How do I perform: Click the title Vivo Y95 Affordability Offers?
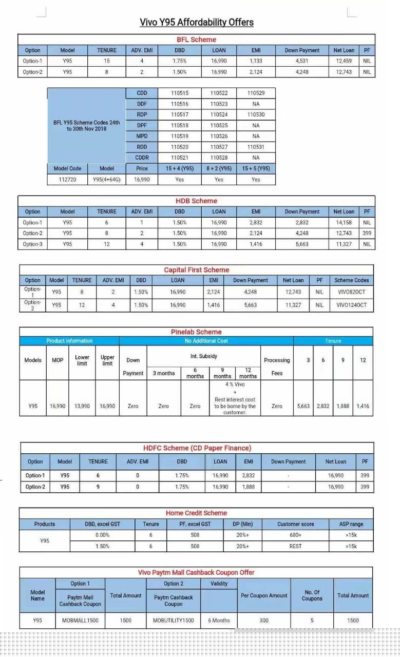tap(197, 22)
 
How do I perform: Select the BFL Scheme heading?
tap(196, 40)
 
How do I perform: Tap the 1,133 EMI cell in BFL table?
tap(256, 61)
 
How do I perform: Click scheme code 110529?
tap(256, 93)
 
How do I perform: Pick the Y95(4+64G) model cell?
tap(107, 180)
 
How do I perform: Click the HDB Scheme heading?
tap(196, 201)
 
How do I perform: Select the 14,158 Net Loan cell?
tap(344, 223)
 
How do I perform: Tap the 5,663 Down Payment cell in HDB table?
tap(302, 244)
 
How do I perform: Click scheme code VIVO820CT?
tap(351, 292)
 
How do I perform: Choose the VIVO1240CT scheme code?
tap(351, 305)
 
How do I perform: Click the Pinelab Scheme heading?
tap(196, 332)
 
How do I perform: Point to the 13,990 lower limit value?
tap(82, 406)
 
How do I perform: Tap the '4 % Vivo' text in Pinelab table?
tap(235, 384)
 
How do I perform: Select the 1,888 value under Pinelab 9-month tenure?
tap(342, 406)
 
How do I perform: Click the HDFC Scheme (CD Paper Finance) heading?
tap(197, 448)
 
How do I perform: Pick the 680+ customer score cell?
tap(295, 535)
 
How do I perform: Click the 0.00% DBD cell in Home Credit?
tap(102, 535)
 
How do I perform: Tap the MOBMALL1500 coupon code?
tap(80, 620)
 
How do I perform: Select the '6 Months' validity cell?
tap(219, 620)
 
